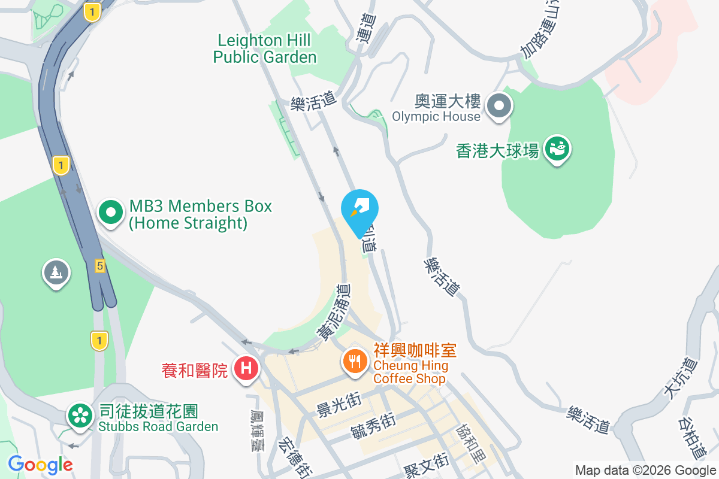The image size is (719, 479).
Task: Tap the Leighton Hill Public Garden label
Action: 264,49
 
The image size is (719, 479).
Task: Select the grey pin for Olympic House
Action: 499,107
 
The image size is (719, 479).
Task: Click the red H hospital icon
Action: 246,367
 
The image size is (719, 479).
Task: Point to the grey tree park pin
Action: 56,273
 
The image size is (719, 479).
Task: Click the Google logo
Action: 40,465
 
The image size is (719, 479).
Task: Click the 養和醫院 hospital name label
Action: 195,371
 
